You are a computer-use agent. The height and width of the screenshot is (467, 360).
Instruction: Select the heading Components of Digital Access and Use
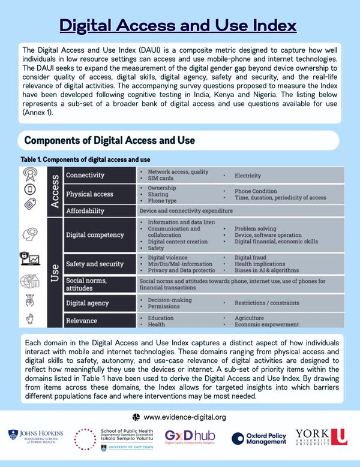point(110,140)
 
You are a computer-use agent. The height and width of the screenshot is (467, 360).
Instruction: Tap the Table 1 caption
point(85,159)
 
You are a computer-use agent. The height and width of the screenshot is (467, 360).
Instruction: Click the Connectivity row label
point(85,175)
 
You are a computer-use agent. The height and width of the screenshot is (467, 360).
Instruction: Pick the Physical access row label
point(90,194)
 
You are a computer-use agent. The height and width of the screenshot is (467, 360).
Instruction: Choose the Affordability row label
point(85,211)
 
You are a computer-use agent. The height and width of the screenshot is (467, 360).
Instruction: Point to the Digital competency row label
point(95,235)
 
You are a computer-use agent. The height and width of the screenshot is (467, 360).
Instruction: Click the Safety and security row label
point(95,263)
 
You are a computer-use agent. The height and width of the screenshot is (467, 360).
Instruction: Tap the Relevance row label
point(82,321)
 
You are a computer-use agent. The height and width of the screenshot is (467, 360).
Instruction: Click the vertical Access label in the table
point(54,191)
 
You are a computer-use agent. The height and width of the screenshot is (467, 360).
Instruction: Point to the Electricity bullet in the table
point(247,176)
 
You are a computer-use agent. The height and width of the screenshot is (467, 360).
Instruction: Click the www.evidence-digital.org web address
point(185,417)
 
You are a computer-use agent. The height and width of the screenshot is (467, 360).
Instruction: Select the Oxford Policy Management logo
point(259,438)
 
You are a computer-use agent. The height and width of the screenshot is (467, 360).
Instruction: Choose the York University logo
point(321,437)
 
